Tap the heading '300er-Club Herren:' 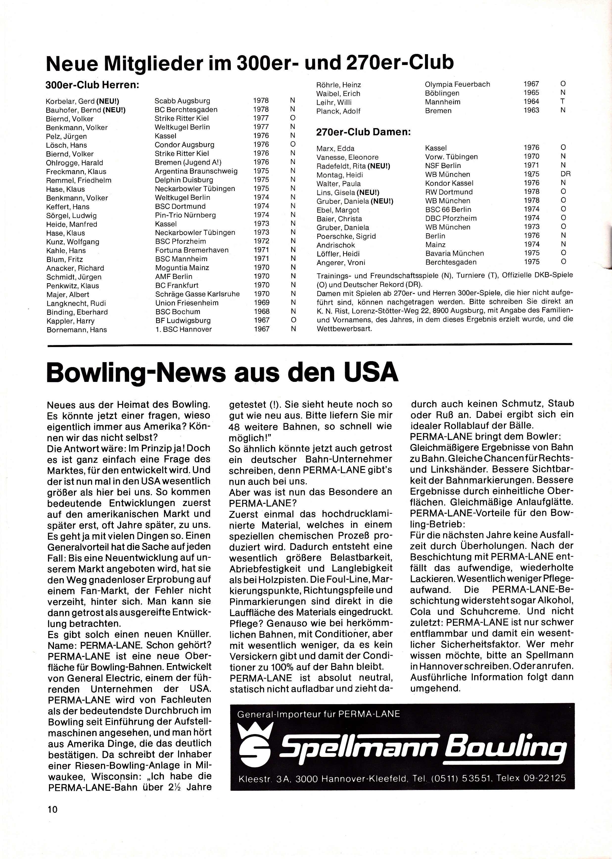[x=92, y=85]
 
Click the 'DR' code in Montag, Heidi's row [x=565, y=174]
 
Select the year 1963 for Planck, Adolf [x=531, y=110]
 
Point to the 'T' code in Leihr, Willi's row [x=563, y=102]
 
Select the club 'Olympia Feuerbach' [x=457, y=84]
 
